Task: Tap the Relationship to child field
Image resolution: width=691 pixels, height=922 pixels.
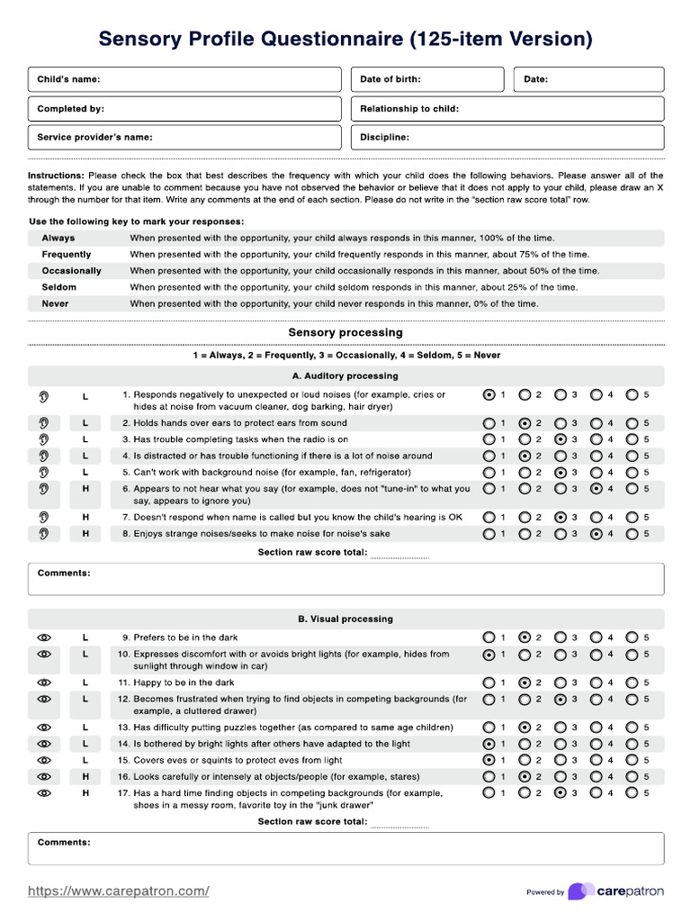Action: pos(507,109)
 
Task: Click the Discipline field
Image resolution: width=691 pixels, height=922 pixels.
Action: pos(507,138)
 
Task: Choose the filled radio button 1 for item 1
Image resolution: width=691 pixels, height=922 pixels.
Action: pos(489,394)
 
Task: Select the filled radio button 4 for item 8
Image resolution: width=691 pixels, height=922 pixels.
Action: pos(597,534)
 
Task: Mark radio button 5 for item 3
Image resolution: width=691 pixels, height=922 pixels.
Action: pos(633,439)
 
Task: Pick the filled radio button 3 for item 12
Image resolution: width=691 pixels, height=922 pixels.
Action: pos(561,699)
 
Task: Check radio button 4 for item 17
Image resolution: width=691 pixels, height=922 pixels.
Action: pos(597,793)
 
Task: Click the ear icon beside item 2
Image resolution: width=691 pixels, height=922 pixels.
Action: pos(43,423)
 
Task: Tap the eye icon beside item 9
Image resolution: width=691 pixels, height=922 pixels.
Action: pos(43,637)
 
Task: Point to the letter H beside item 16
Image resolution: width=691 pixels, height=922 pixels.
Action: pos(85,776)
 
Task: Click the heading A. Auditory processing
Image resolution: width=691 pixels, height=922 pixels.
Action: pos(345,375)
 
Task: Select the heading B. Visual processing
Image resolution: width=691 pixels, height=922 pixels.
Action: pos(345,619)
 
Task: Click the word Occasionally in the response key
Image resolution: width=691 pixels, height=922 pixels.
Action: pos(71,271)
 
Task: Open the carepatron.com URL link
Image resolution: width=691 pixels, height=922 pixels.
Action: pos(119,891)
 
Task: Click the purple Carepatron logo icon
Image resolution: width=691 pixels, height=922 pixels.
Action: pos(580,891)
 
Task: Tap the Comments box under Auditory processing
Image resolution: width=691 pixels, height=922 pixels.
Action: pos(345,579)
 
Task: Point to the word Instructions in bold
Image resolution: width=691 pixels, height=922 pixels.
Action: pos(56,176)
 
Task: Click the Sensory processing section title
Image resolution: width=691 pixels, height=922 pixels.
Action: pos(345,332)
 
